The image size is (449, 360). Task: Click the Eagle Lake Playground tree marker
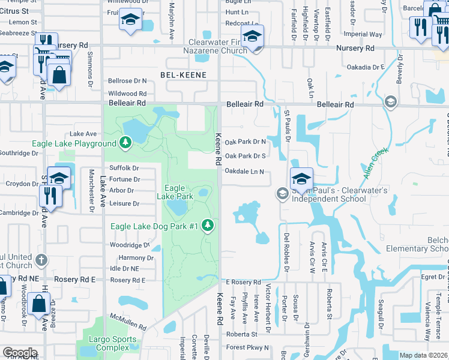coord(125,143)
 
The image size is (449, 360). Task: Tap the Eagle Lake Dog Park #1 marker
coord(208,226)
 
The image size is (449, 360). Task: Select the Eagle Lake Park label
coord(175,192)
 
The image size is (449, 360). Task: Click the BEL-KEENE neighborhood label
coord(183,75)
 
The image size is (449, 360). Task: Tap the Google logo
coord(20,353)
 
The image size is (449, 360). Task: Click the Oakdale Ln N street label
coord(244,172)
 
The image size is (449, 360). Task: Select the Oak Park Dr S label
coord(245,156)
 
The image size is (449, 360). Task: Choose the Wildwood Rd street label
coord(127,94)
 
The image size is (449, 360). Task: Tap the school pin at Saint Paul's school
coord(301,178)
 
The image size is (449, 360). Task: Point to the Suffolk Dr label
coord(124,168)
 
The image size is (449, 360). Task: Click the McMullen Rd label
coord(127,322)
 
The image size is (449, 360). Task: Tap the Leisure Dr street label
coord(124,204)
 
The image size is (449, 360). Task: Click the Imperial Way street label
coord(362,35)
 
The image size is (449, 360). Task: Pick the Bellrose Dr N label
coord(127,80)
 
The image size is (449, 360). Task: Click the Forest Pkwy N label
coord(249,347)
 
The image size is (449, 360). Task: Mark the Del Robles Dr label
coord(286,251)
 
